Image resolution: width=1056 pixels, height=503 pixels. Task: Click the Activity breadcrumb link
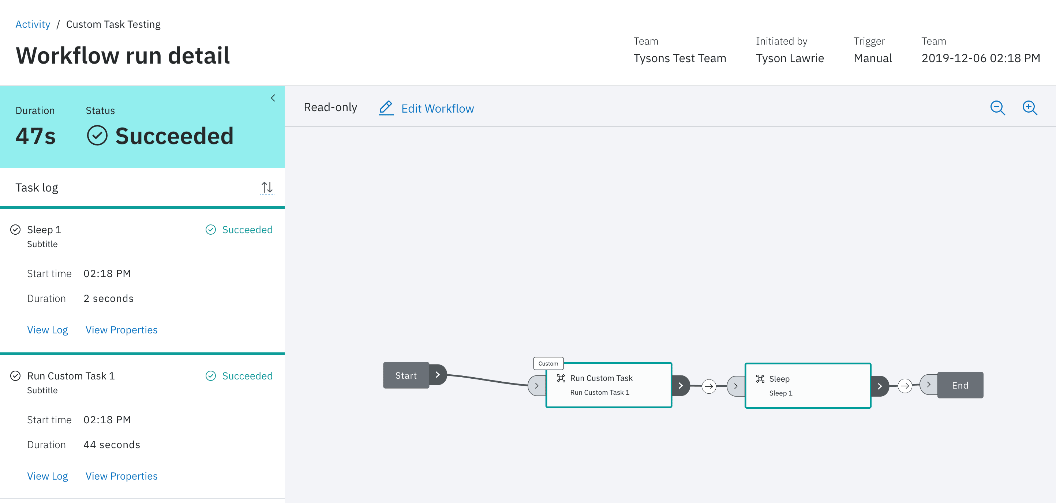pos(33,24)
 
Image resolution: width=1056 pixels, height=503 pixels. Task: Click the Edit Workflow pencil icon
pos(386,108)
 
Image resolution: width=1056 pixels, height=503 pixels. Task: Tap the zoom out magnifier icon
pos(997,108)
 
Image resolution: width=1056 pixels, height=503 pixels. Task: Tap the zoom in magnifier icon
pos(1030,108)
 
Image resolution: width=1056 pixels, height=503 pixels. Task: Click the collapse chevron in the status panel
pos(273,98)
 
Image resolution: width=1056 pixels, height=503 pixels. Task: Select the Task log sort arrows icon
pos(267,188)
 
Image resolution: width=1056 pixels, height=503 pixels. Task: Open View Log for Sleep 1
pos(48,330)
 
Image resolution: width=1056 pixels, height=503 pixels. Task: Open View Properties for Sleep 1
pos(121,330)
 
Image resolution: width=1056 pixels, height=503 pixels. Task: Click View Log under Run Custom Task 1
pos(48,476)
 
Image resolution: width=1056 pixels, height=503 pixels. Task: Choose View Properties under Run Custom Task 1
pos(121,476)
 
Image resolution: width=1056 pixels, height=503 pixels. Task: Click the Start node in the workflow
pos(406,375)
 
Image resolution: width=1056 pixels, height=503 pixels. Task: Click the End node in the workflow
pos(960,385)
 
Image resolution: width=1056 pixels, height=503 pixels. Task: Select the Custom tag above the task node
pos(548,363)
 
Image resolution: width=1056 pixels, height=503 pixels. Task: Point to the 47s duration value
pos(35,136)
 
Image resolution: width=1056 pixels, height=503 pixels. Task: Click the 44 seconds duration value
pos(112,445)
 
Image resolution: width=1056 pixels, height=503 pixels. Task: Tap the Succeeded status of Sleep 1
pos(239,230)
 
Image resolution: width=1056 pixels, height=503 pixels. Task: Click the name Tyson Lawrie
pos(790,58)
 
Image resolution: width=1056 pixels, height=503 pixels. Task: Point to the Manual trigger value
pos(873,58)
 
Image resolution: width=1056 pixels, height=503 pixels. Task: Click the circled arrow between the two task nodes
pos(709,386)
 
